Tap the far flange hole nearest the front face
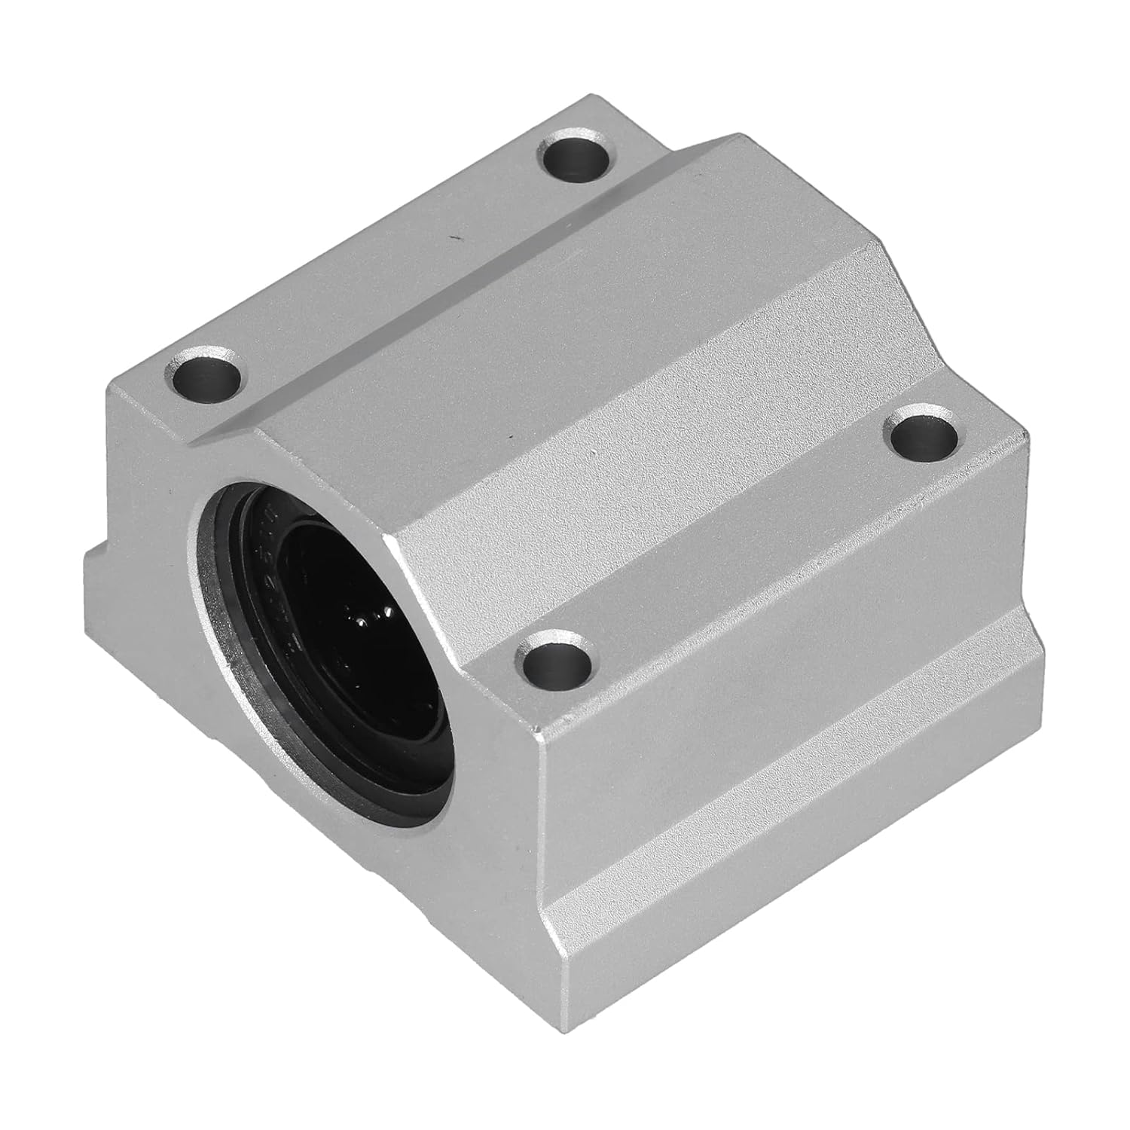coord(204,374)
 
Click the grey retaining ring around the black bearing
coord(213,603)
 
